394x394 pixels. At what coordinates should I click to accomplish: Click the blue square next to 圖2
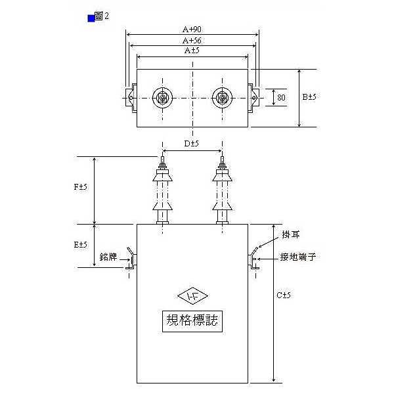click(91, 18)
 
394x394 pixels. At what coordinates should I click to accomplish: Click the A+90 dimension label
click(192, 29)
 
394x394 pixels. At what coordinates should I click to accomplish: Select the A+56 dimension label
click(192, 40)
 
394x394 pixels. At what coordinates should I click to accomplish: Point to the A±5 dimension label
click(192, 51)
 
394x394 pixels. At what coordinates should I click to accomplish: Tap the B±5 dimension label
click(309, 97)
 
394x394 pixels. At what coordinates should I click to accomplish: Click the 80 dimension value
click(282, 98)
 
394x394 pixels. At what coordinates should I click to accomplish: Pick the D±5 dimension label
click(191, 143)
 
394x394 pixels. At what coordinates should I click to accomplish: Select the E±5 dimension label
click(81, 244)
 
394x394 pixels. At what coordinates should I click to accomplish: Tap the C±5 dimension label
click(282, 295)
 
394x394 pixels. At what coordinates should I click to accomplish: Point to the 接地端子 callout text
click(298, 257)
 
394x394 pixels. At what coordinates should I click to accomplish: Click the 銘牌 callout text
click(108, 258)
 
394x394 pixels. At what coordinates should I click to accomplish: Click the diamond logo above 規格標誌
click(192, 296)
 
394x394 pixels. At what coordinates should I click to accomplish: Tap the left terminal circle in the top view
click(162, 98)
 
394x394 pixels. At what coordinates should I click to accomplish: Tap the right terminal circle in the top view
click(222, 98)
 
